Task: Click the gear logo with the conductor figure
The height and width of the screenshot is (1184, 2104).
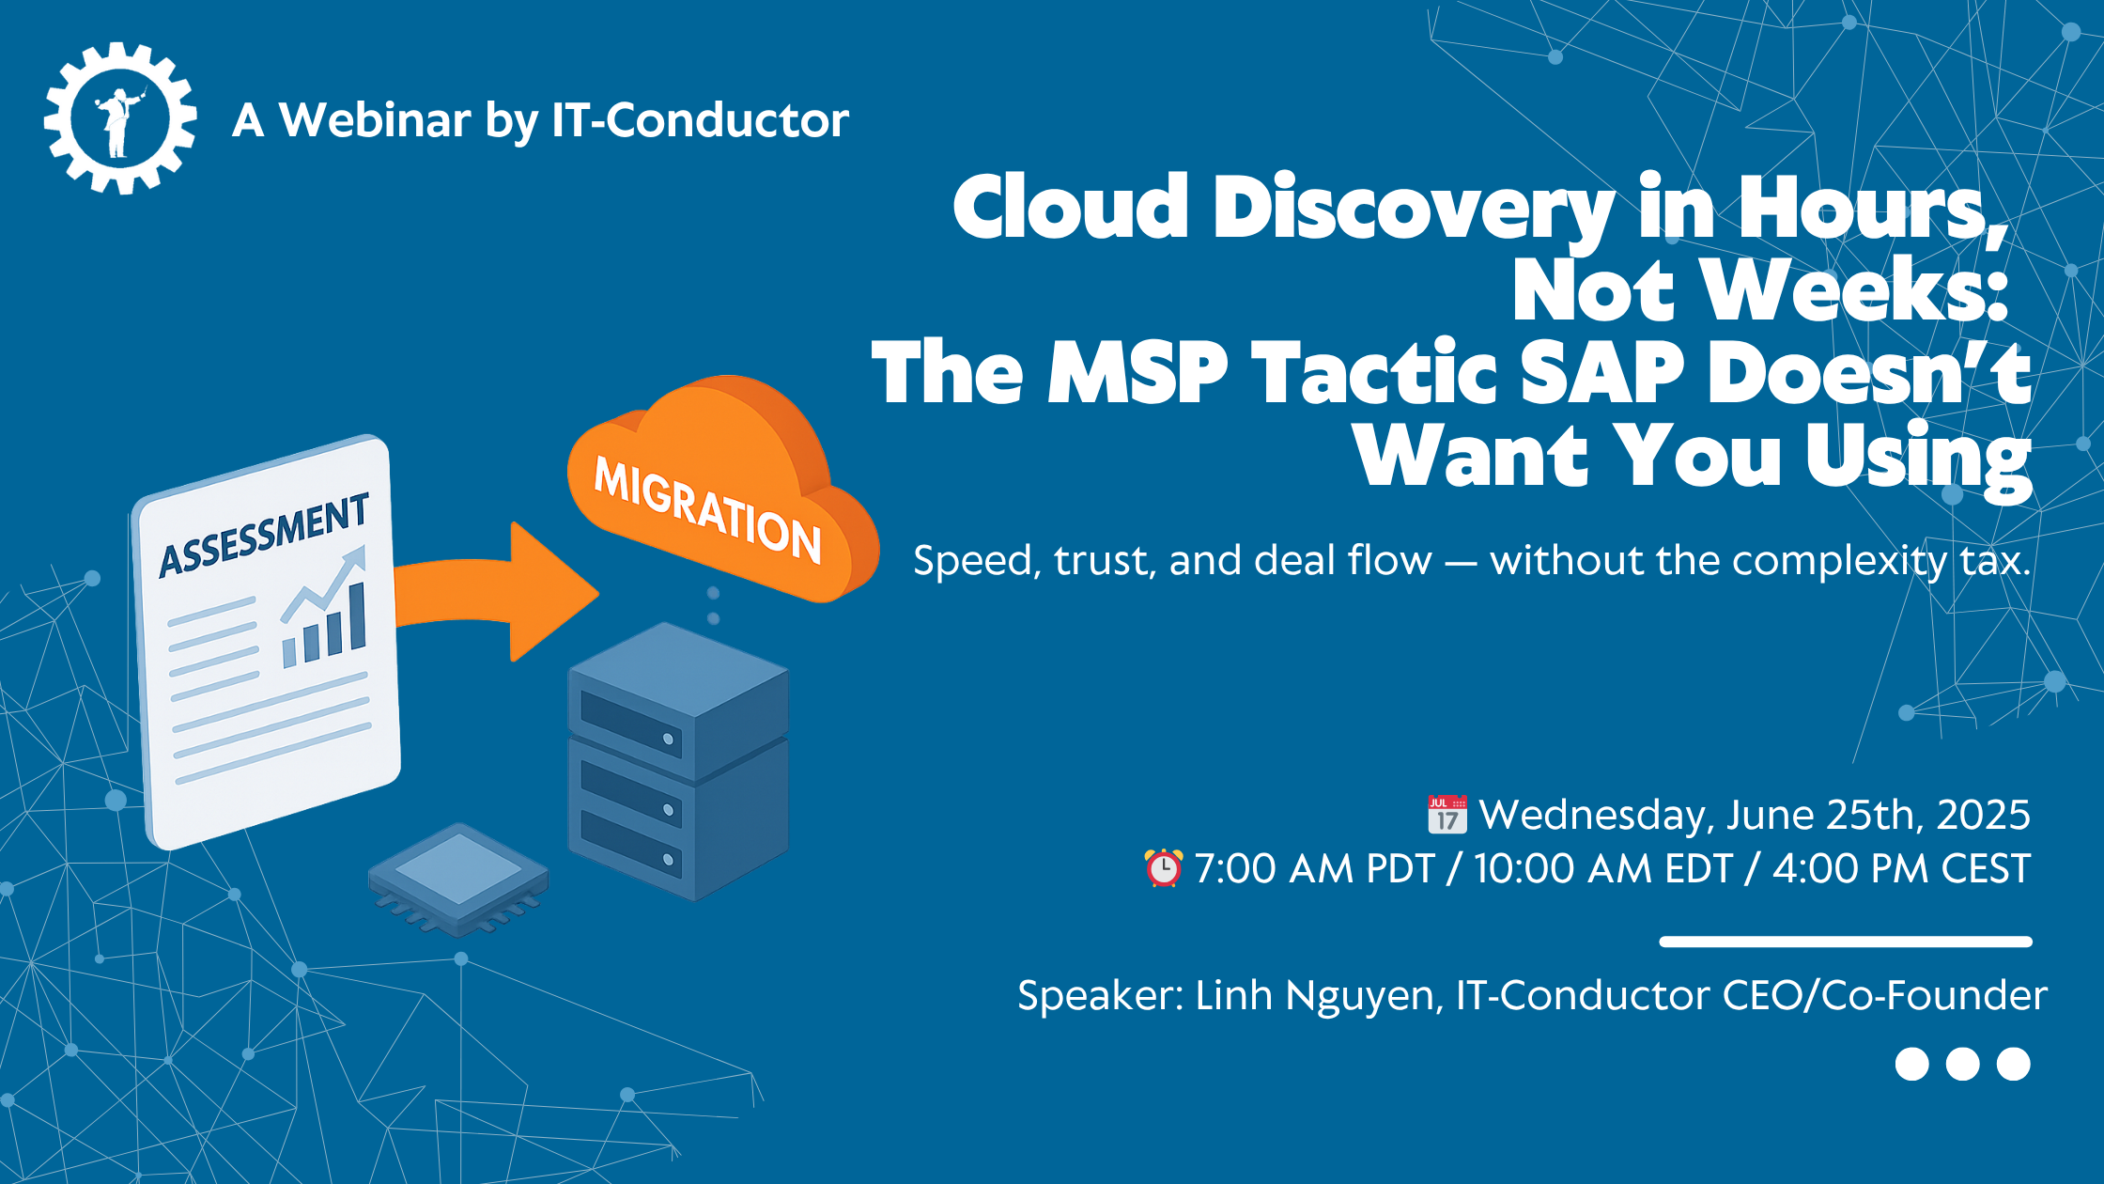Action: (120, 118)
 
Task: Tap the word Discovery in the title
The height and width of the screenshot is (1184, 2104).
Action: (1414, 209)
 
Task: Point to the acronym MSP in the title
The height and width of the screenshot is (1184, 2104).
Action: (1137, 373)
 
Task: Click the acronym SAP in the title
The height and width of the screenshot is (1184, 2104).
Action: (1601, 373)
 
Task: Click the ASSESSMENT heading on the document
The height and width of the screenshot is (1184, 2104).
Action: (264, 536)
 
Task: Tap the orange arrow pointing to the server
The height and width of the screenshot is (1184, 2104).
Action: (498, 592)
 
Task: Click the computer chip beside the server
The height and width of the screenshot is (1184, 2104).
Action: (458, 879)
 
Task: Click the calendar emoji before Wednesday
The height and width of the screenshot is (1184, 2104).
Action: (1446, 815)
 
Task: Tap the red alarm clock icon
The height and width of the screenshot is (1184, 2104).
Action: (1163, 868)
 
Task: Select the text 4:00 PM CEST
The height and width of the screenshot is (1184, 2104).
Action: (1901, 869)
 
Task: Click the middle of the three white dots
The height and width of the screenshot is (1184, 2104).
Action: (1962, 1064)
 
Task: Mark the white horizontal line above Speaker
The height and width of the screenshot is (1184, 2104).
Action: (1845, 942)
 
